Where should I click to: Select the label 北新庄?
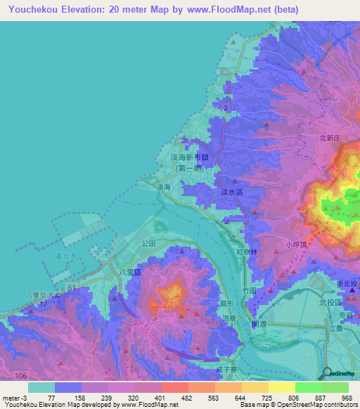329,139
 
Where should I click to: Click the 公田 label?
148,242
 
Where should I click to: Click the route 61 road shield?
72,288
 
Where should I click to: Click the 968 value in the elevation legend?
346,398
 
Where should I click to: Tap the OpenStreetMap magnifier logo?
328,372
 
